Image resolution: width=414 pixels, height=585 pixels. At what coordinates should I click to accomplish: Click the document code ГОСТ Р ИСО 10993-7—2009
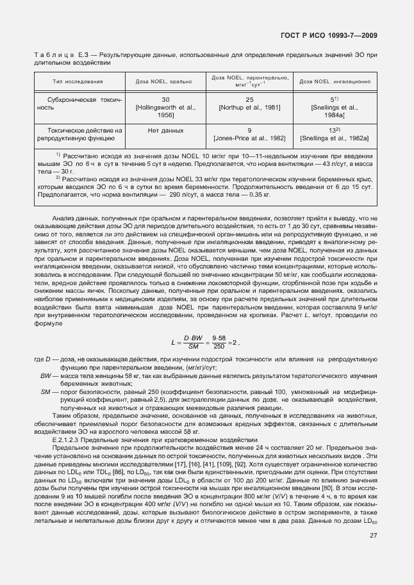(x=337, y=37)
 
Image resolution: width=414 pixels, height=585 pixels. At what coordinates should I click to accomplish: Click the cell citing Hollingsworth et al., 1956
(x=165, y=107)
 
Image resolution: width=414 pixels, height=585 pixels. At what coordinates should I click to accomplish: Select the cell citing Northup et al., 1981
(x=249, y=104)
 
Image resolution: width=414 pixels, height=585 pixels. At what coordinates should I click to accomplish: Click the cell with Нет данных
(x=165, y=130)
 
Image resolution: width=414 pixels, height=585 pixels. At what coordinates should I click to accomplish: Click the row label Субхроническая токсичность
(x=76, y=104)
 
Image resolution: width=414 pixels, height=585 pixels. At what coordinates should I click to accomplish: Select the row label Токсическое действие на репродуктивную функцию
(x=76, y=134)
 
